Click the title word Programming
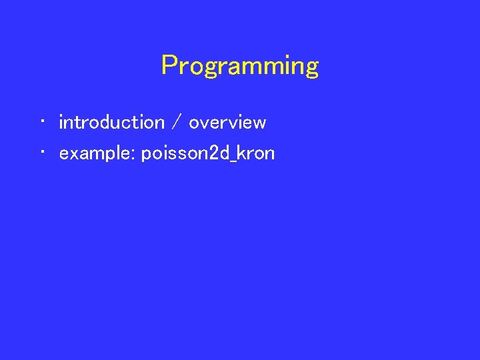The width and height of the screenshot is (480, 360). tap(240, 66)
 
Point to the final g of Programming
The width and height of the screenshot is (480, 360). tap(311, 69)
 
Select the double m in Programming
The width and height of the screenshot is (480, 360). tap(261, 67)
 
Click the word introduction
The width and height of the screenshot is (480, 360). tap(111, 123)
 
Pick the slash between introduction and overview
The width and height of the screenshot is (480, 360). tap(176, 123)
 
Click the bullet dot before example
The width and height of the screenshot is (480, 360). tap(41, 153)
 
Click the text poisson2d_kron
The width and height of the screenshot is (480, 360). tap(208, 154)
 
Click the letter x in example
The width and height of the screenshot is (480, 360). tap(73, 155)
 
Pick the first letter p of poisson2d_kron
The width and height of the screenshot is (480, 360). tap(146, 155)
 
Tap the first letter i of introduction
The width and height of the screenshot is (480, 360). tap(61, 122)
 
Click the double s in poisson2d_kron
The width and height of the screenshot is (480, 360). tap(175, 155)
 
